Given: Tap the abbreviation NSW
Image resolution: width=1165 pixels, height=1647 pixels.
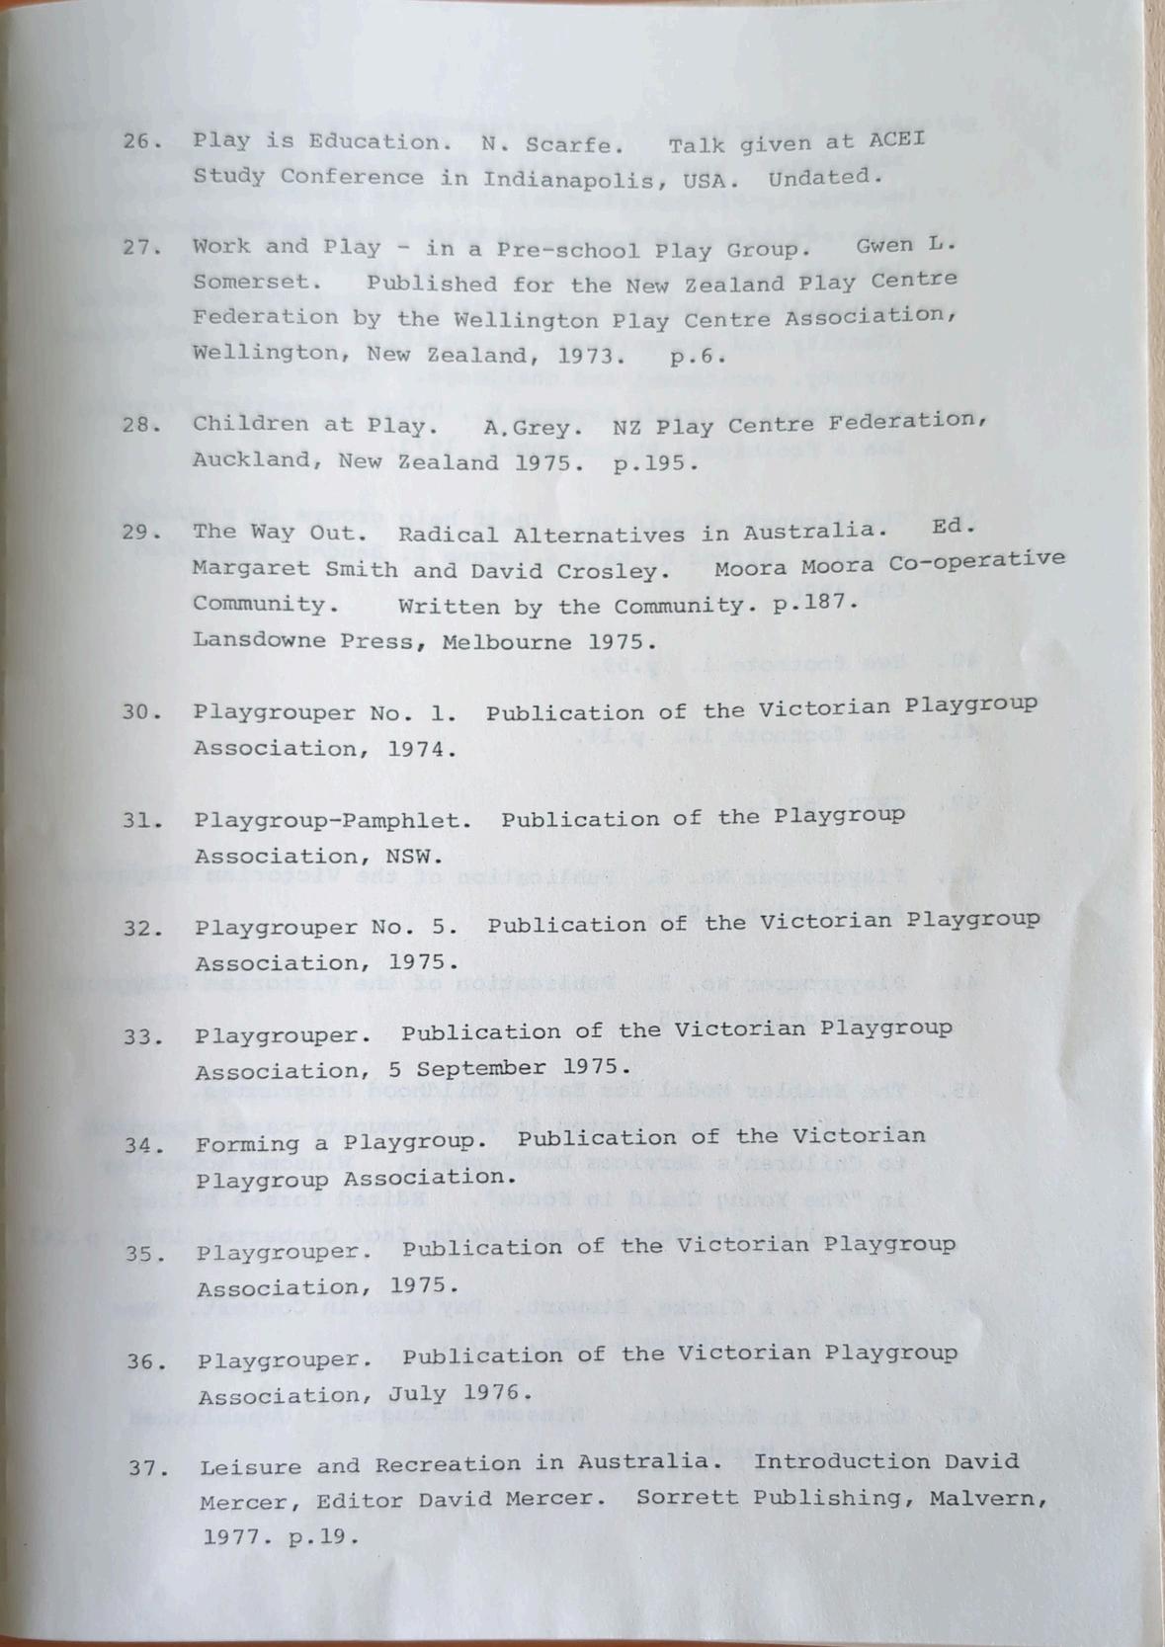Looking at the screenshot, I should pyautogui.click(x=419, y=856).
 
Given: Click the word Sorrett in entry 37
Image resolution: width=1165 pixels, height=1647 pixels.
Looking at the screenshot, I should pyautogui.click(x=688, y=1498).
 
